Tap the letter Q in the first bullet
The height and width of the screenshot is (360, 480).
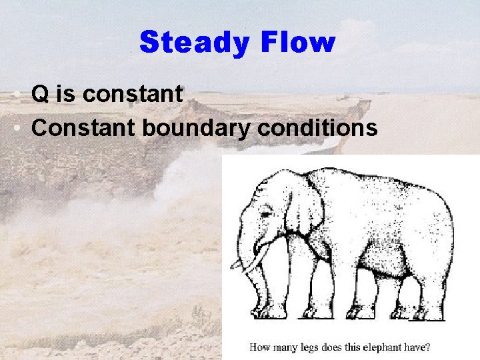pos(39,95)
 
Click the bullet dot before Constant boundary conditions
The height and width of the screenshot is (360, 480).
pos(15,127)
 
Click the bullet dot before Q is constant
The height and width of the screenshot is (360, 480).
pos(15,95)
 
